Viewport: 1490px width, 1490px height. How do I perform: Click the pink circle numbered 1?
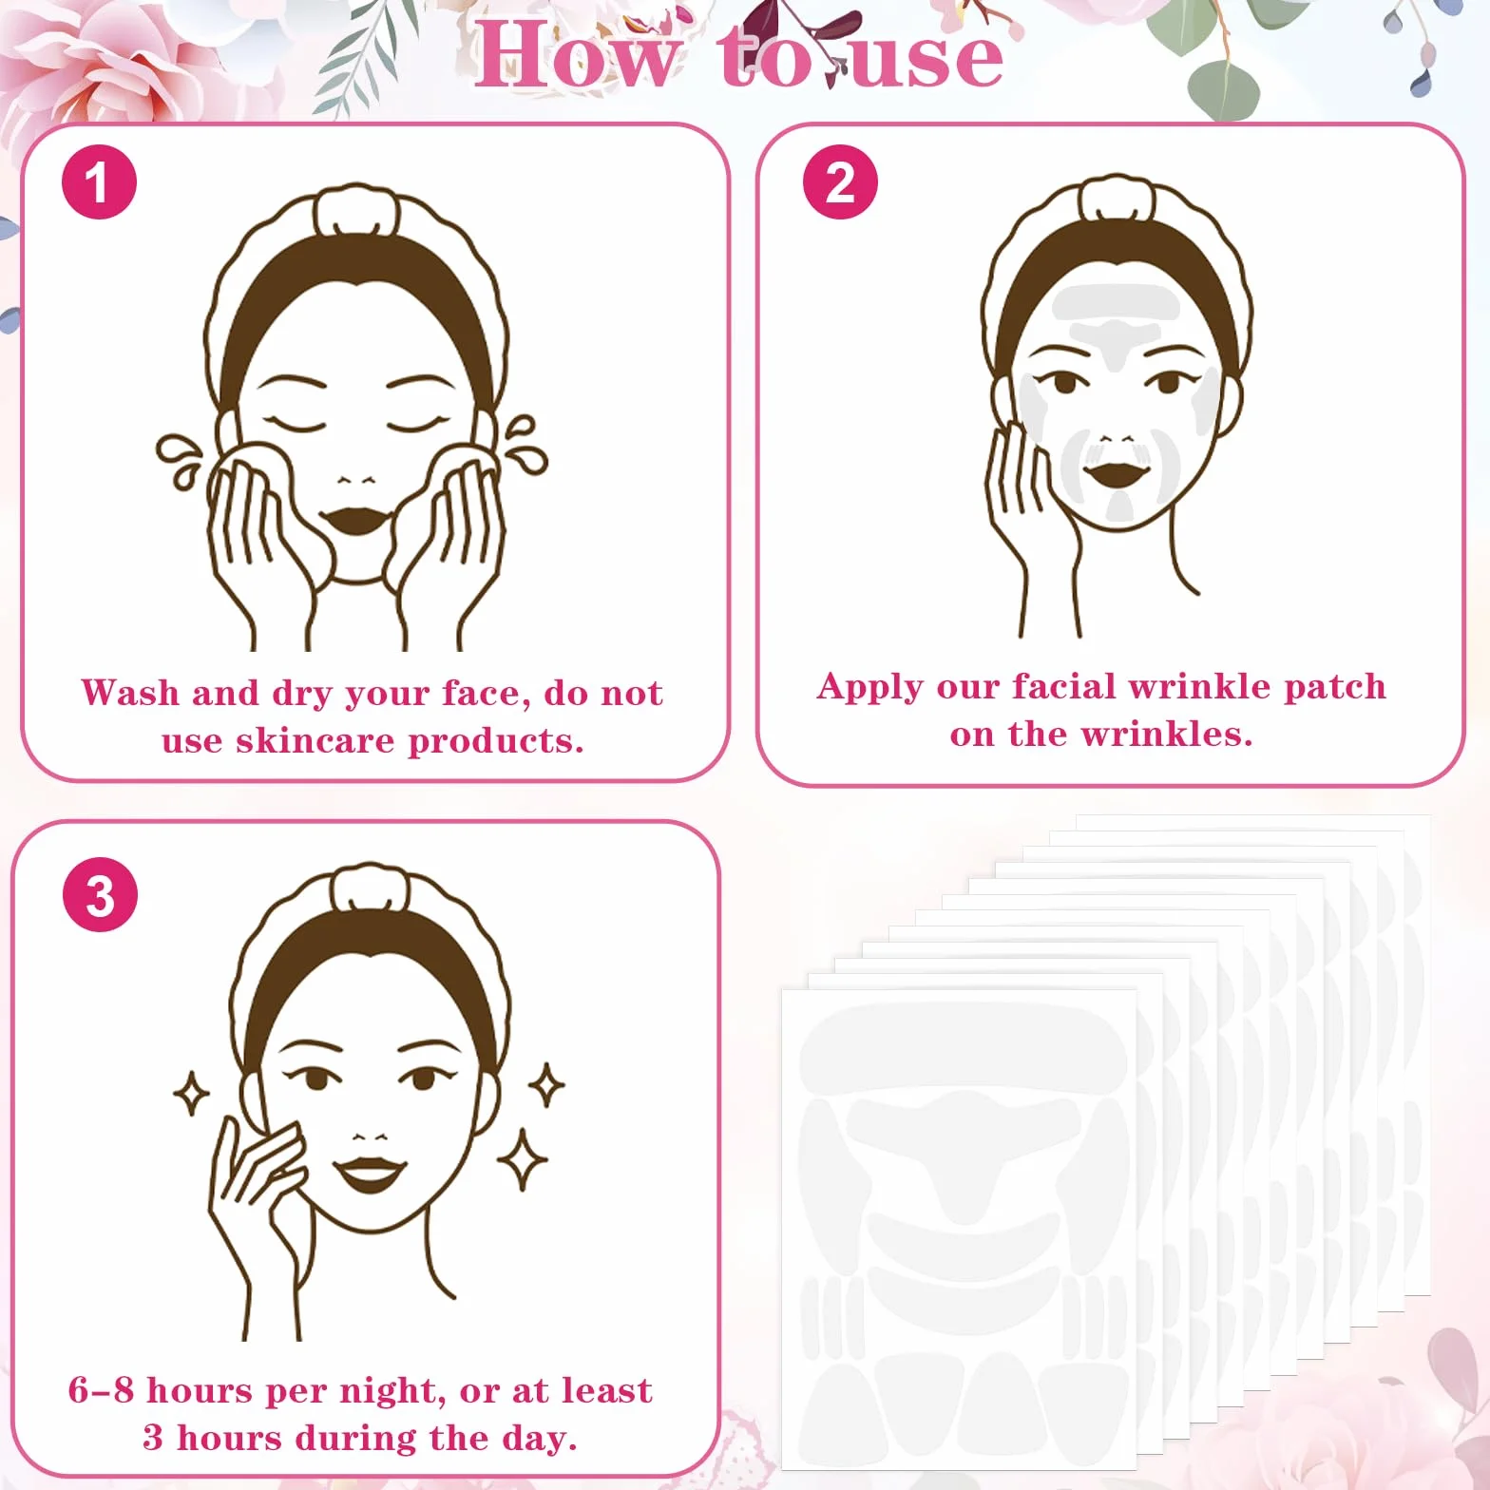[x=99, y=181]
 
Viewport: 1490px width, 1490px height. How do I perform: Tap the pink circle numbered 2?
[x=840, y=181]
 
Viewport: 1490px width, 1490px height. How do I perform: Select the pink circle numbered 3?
[x=100, y=894]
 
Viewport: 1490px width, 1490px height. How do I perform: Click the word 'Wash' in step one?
[x=129, y=692]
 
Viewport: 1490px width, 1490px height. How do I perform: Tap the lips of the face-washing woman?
[x=354, y=520]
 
